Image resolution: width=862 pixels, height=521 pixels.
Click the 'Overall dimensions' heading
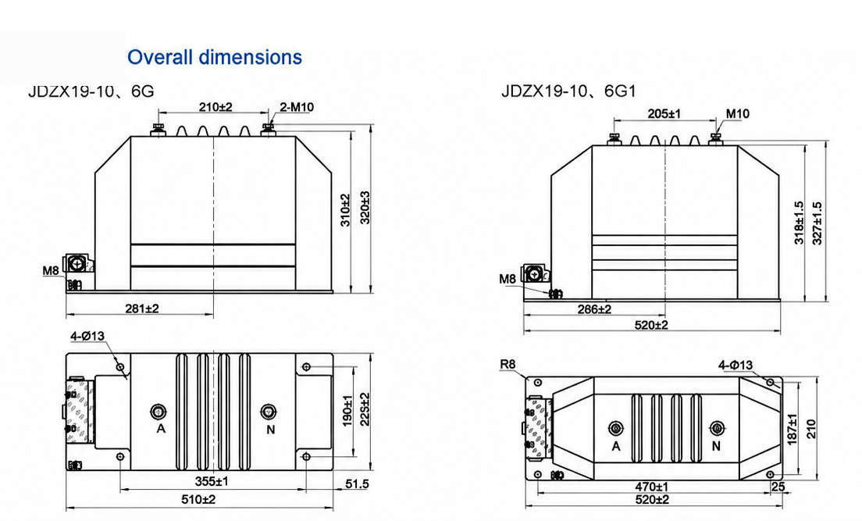point(215,57)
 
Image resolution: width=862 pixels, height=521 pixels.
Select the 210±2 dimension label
point(215,107)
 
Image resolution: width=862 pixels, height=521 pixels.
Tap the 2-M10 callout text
point(297,107)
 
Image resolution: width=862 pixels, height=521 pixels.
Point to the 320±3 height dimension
point(365,208)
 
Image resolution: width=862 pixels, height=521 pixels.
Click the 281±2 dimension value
point(142,309)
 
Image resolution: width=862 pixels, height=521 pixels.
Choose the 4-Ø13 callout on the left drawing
point(87,336)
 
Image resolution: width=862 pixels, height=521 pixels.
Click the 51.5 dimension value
point(357,484)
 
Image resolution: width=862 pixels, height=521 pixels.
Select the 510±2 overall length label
point(198,500)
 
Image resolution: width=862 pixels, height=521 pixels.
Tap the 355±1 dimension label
point(212,481)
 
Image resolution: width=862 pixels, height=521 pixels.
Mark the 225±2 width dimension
point(365,409)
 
